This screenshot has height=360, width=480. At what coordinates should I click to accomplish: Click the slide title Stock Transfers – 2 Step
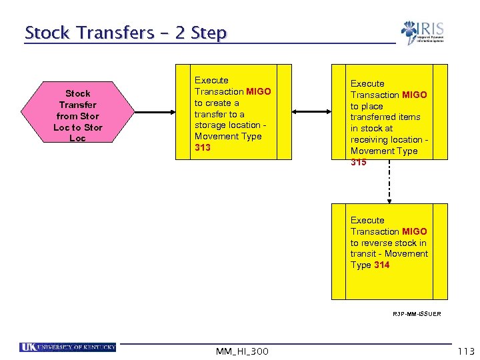click(125, 33)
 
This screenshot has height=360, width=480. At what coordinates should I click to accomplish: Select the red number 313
click(203, 147)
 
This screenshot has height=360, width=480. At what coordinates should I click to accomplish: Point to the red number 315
click(359, 162)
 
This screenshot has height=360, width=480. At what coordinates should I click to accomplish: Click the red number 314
click(381, 265)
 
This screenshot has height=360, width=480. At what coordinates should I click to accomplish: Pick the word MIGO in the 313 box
click(259, 91)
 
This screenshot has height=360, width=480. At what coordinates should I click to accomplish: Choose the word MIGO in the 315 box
click(415, 95)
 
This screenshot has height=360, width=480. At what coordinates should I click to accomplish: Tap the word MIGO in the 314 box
click(415, 231)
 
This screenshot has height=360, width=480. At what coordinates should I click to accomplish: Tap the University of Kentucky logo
click(68, 347)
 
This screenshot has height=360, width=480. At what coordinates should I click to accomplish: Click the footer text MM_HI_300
click(243, 351)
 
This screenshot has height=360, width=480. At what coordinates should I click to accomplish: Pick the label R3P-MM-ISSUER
click(417, 313)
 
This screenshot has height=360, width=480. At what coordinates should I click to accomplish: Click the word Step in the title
click(209, 33)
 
